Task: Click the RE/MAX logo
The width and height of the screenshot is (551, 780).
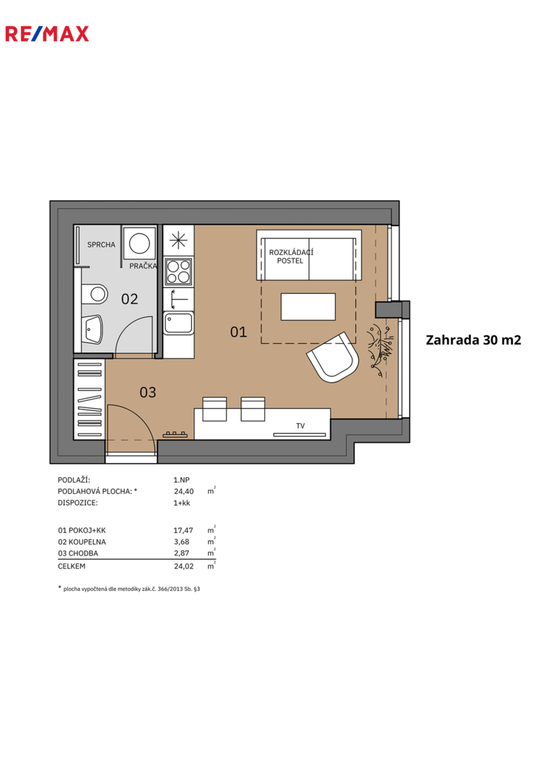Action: [x=47, y=34]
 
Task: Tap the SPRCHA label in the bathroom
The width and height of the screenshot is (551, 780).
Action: [x=101, y=245]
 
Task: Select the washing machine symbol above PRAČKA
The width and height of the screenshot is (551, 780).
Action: [x=140, y=243]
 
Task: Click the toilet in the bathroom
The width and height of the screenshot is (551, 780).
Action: [x=95, y=294]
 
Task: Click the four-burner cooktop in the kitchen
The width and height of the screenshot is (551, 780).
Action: [x=178, y=272]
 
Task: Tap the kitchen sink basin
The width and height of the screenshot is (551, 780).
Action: [x=178, y=324]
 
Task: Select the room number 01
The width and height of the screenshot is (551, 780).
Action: [x=238, y=331]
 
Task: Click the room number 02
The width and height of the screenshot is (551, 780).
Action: [x=129, y=299]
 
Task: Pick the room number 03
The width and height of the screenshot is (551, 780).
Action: [x=148, y=392]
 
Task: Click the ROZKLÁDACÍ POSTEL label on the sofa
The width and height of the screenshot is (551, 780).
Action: [x=292, y=256]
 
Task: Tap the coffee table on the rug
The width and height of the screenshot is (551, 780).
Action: [x=308, y=306]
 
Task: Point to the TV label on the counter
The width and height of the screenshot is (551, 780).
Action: [x=300, y=426]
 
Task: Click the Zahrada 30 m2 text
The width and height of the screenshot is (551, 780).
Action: [x=474, y=339]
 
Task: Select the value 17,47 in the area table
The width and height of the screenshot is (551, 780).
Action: [x=183, y=530]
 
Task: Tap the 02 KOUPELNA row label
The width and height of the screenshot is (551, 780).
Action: [x=82, y=542]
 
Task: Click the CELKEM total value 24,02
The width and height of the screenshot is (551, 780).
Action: [x=183, y=566]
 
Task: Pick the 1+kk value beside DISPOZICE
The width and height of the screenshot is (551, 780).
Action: [x=181, y=503]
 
